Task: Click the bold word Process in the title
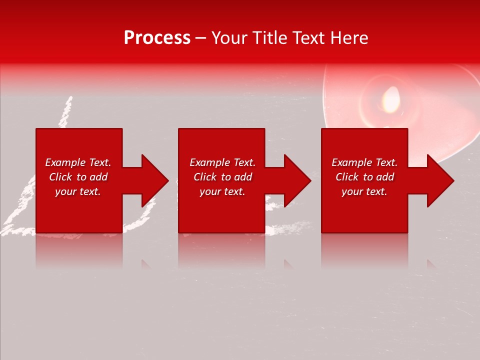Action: pos(157,38)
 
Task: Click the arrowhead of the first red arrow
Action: pos(155,180)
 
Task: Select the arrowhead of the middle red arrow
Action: pos(297,180)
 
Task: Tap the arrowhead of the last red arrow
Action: pos(440,180)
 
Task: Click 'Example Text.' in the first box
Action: pos(78,162)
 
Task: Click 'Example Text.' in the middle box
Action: pos(222,162)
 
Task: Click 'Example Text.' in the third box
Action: pos(364,162)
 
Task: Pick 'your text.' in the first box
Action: pos(78,191)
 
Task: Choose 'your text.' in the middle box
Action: pos(222,191)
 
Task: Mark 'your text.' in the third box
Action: pos(364,191)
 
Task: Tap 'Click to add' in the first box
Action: pos(78,177)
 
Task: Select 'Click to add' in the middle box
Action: pos(222,177)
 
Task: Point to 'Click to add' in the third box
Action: pos(364,177)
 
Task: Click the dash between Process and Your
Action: pos(200,38)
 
